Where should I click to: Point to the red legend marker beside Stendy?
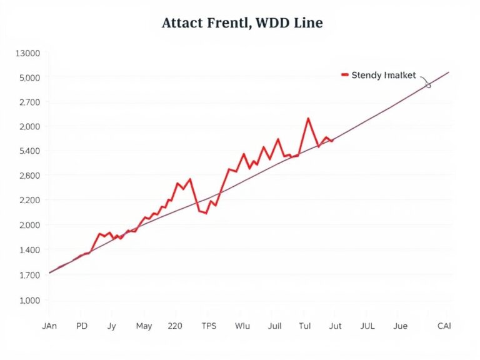coord(344,75)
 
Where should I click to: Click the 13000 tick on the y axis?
coord(27,54)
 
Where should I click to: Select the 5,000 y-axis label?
coord(27,78)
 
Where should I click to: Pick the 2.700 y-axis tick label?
coord(27,102)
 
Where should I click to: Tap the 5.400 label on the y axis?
coord(27,151)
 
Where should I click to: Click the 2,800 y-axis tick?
coord(27,176)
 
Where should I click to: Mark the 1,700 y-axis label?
coord(27,274)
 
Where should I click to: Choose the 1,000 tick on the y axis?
coord(27,301)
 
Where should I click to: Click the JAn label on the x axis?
coord(49,326)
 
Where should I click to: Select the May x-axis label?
coord(144,326)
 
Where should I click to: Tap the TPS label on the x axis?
coord(209,326)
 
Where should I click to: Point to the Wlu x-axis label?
coord(242,326)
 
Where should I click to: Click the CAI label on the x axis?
coord(444,326)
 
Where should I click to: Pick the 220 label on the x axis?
coord(176,326)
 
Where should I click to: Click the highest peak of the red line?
coord(308,118)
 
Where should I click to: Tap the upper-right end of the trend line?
coord(449,72)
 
